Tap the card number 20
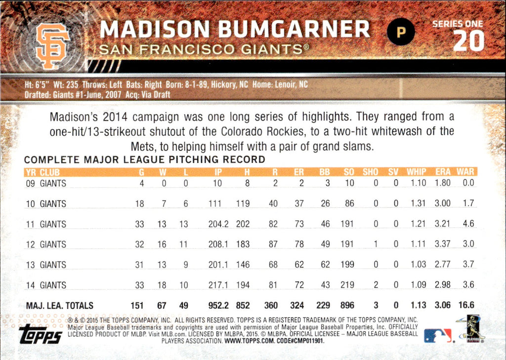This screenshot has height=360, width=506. pyautogui.click(x=468, y=41)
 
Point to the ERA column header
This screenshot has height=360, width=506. pyautogui.click(x=443, y=172)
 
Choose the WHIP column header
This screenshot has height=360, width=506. pyautogui.click(x=416, y=172)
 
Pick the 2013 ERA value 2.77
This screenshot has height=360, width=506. pyautogui.click(x=443, y=265)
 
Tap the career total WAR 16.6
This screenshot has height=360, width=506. pyautogui.click(x=465, y=306)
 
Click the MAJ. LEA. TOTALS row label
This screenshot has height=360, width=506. pyautogui.click(x=59, y=306)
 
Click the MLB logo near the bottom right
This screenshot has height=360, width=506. pyautogui.click(x=438, y=335)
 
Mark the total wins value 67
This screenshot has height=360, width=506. pyautogui.click(x=162, y=306)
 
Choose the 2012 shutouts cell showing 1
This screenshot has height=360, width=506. pyautogui.click(x=375, y=244)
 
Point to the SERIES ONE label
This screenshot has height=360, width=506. pyautogui.click(x=458, y=23)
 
